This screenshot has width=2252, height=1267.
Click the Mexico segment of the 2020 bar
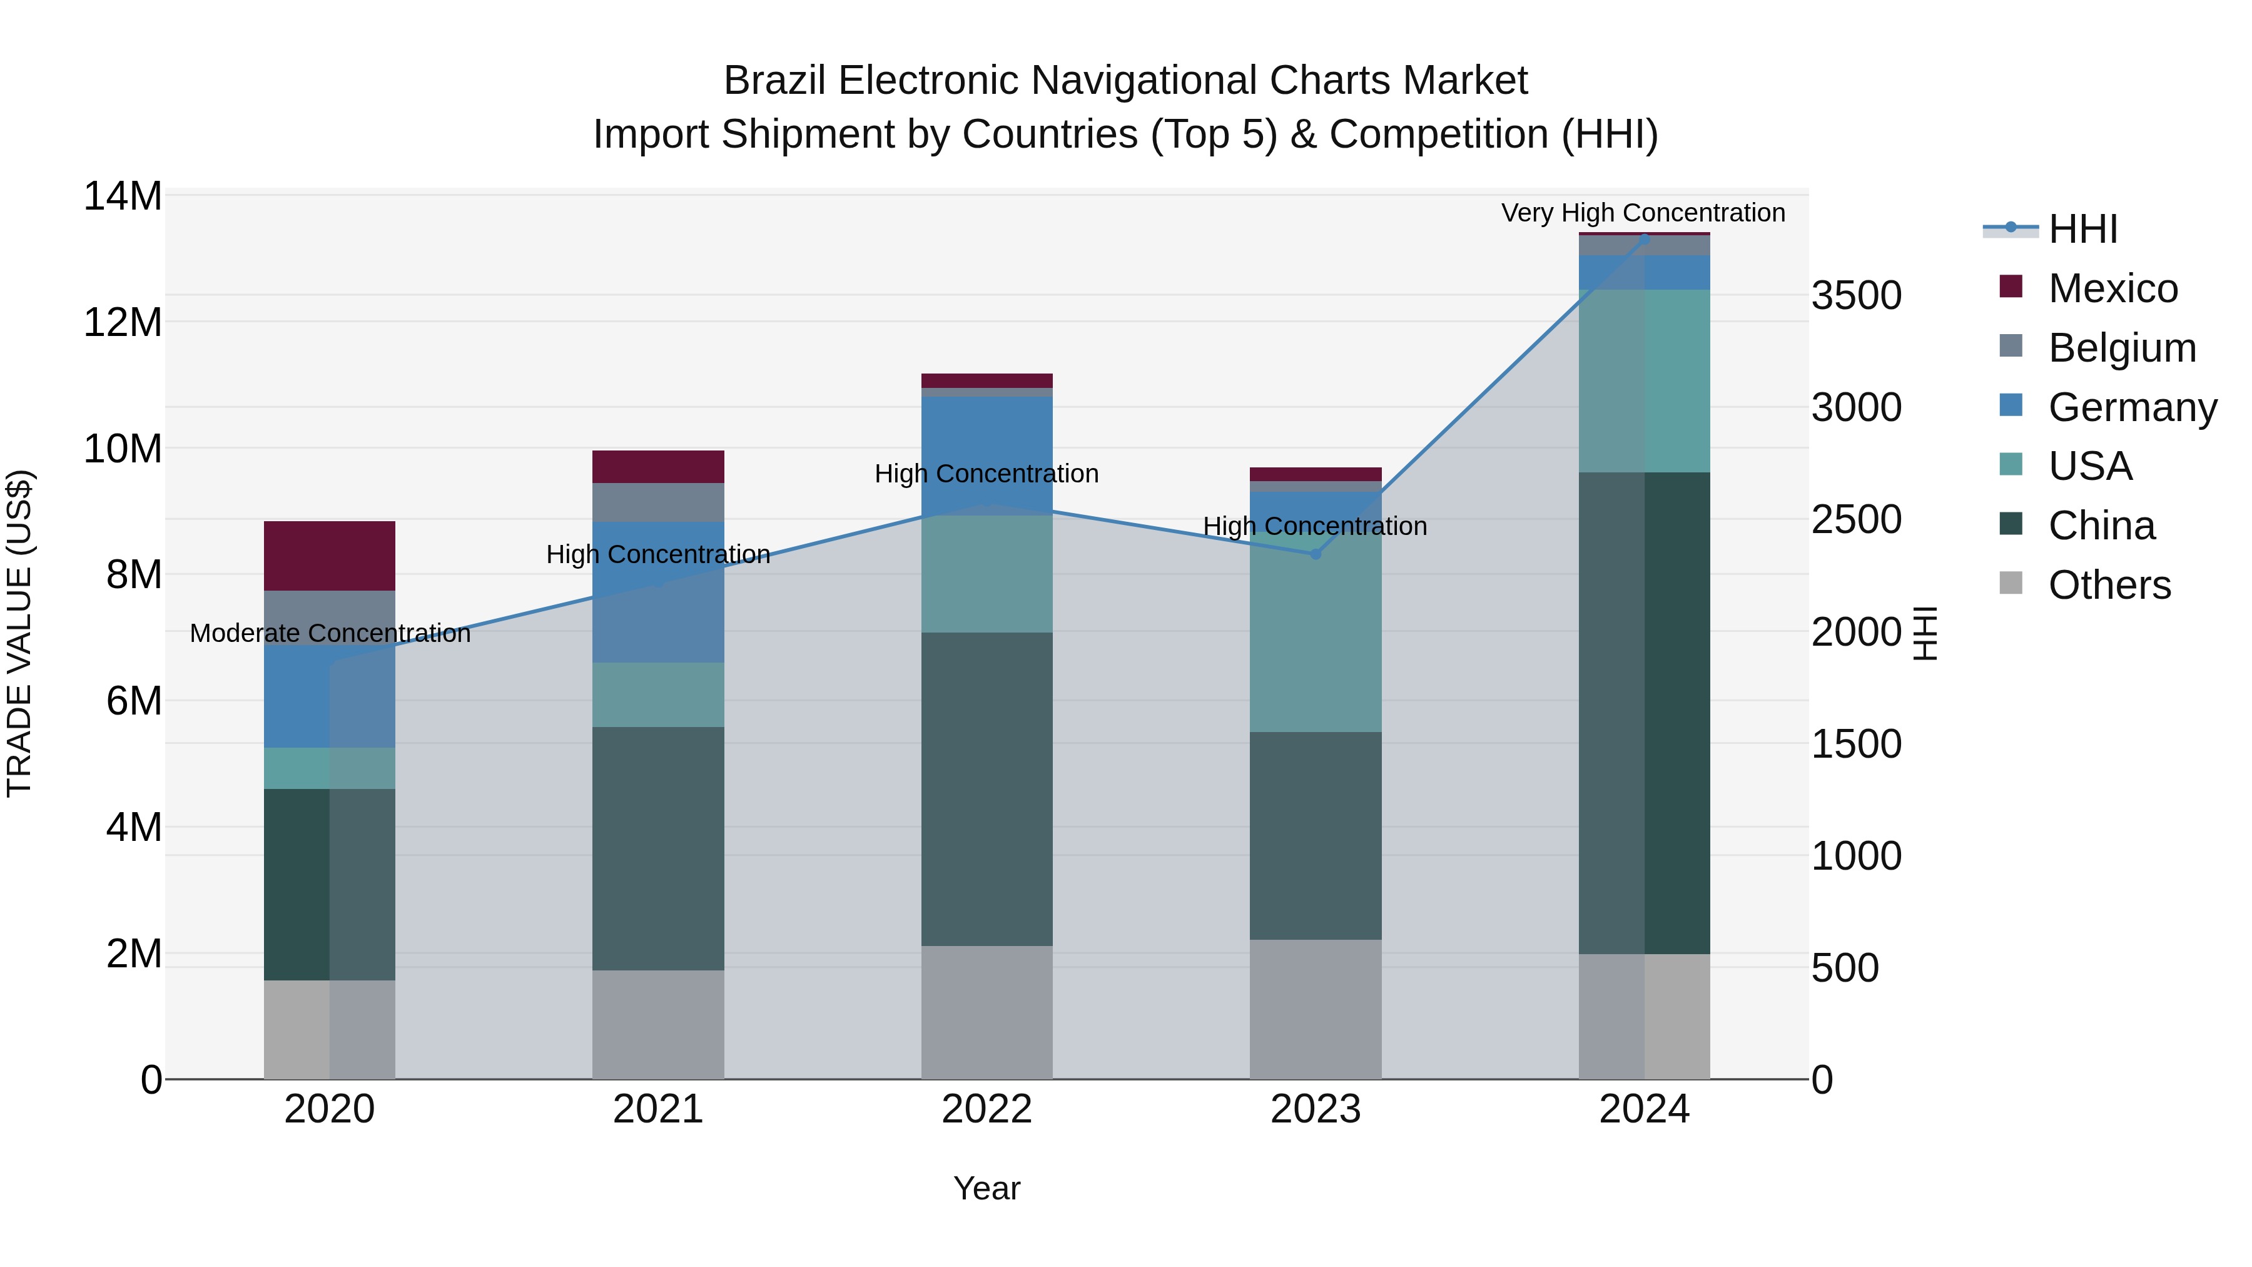[x=330, y=556]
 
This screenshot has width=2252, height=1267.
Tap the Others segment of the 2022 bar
[x=987, y=1012]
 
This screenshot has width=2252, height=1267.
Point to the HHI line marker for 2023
[x=1315, y=554]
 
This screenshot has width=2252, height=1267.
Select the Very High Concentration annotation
[x=1643, y=213]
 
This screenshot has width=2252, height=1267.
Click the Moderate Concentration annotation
[x=330, y=633]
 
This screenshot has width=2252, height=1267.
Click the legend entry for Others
[x=2109, y=585]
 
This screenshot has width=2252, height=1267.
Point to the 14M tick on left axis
[x=123, y=196]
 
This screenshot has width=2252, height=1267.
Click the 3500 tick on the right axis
[x=1856, y=295]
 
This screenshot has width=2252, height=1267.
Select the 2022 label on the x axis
[x=987, y=1109]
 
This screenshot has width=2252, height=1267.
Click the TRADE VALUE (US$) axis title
[x=19, y=633]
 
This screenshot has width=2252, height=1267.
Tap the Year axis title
[x=987, y=1188]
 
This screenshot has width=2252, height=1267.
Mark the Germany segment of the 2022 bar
[x=987, y=455]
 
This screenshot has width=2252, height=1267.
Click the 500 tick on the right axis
[x=1845, y=968]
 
